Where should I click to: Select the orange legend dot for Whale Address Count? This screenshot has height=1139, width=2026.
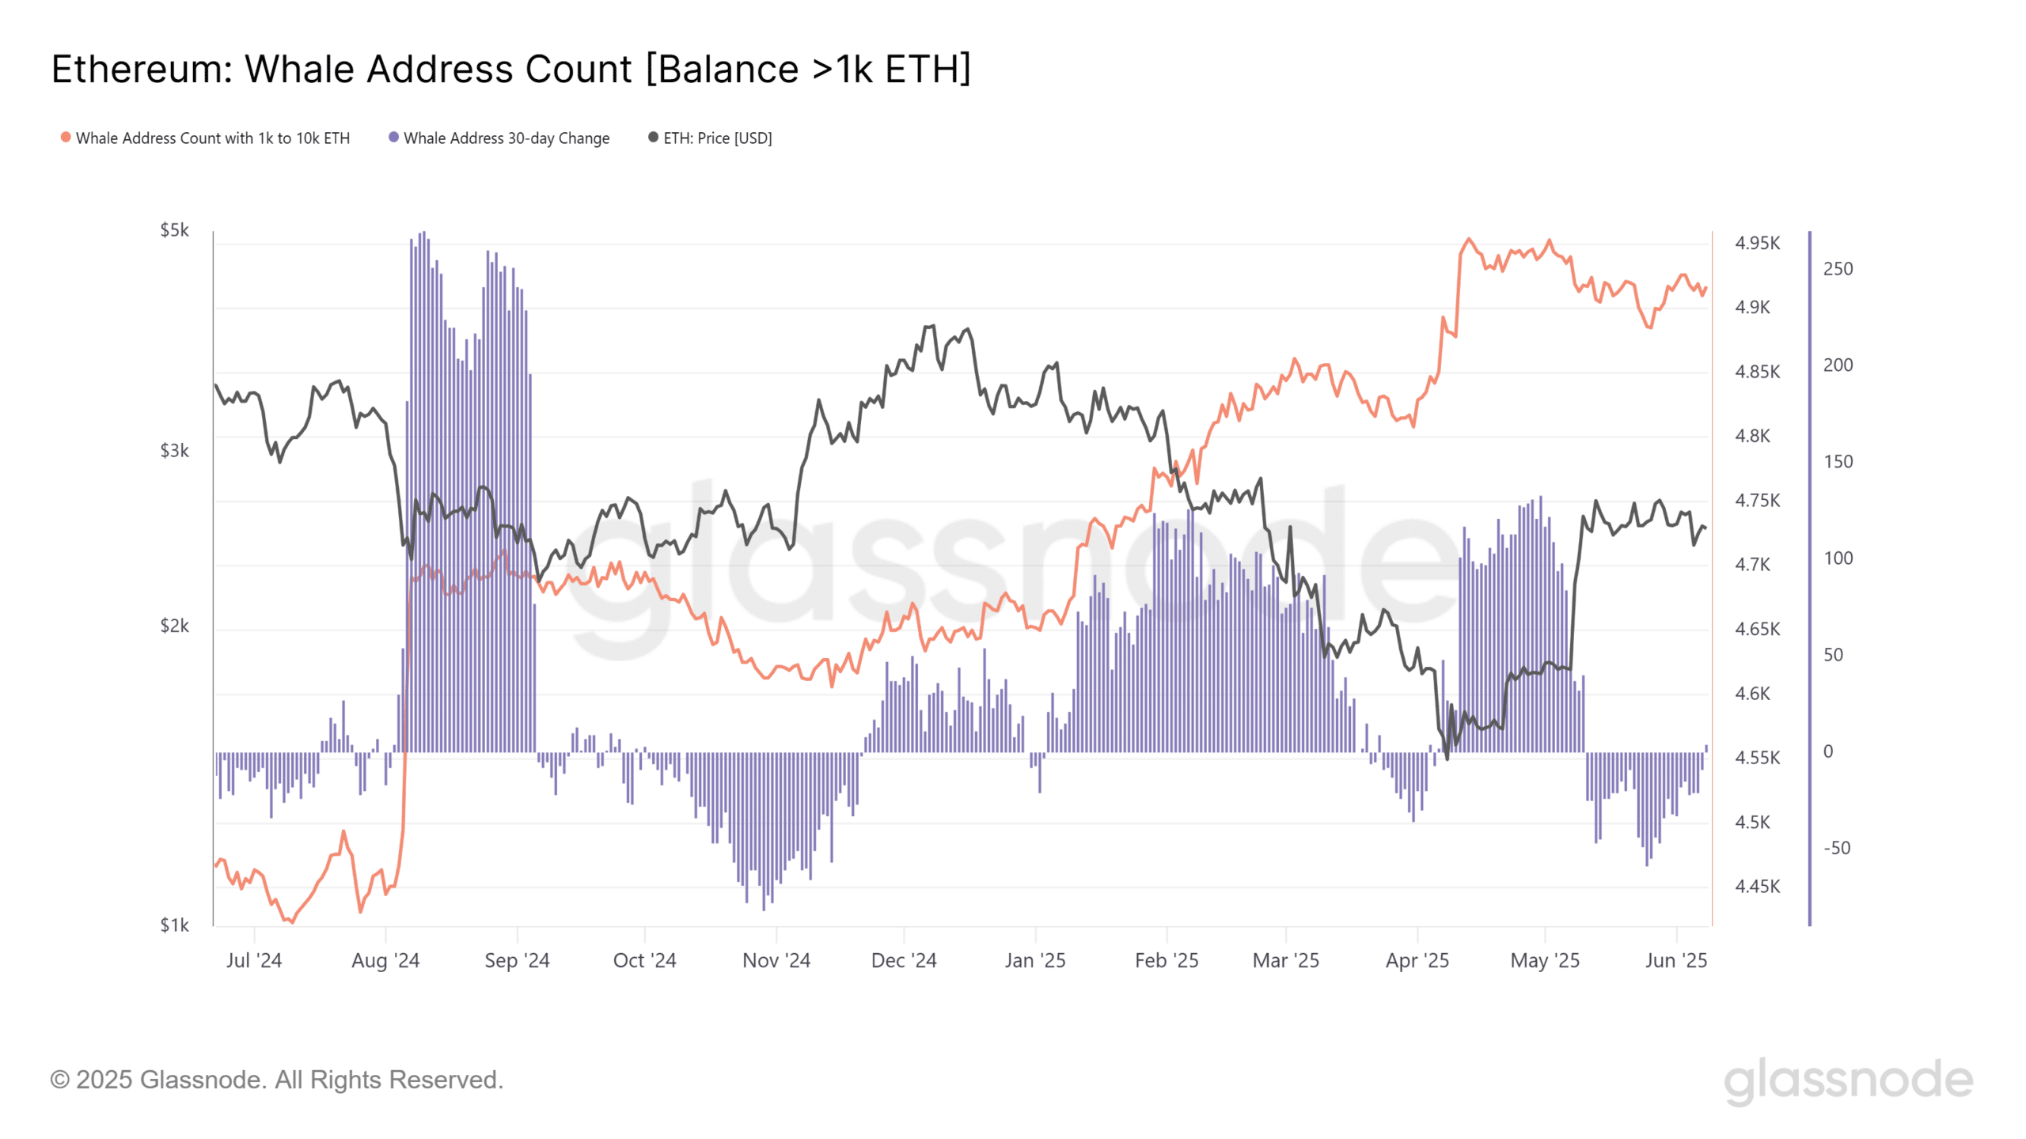tap(66, 137)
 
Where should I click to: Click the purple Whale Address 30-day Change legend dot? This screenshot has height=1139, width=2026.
tap(393, 137)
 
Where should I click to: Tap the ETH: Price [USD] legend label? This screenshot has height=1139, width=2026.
tap(717, 138)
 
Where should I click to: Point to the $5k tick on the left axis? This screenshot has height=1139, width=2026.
tap(174, 230)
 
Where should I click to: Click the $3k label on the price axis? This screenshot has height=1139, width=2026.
tap(174, 451)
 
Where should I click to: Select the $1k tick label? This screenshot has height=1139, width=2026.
tap(174, 925)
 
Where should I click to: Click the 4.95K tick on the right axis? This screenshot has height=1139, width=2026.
tap(1757, 243)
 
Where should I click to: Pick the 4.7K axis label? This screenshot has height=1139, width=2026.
tap(1752, 565)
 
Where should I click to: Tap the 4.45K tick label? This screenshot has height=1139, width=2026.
tap(1757, 887)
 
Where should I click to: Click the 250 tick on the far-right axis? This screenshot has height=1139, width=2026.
tap(1838, 269)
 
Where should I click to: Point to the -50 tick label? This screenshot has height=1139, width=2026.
tap(1837, 848)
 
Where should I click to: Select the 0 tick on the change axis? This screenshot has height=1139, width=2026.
tap(1828, 751)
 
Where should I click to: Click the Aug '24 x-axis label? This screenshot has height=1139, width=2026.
tap(385, 960)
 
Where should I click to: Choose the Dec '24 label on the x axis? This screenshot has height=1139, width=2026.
tap(903, 960)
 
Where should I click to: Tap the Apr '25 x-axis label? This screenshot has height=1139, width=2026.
tap(1417, 960)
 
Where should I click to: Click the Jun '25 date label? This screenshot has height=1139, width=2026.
tap(1675, 960)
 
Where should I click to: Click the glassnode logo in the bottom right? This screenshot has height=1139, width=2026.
tap(1848, 1080)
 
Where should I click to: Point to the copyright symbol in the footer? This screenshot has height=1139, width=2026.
tap(59, 1080)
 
